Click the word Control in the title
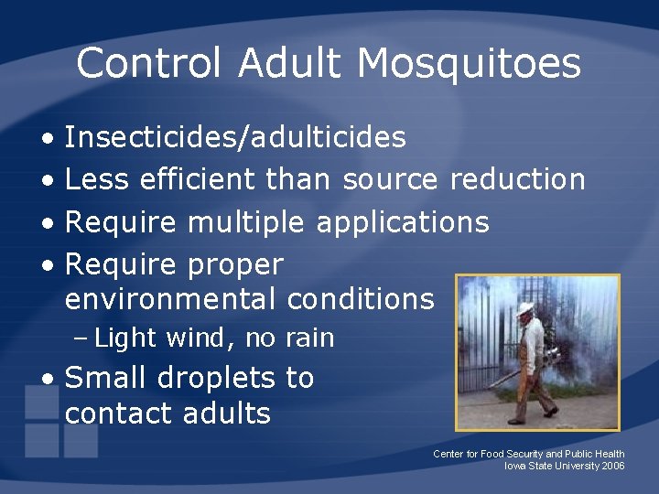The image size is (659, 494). click(149, 64)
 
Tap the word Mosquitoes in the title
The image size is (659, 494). click(469, 64)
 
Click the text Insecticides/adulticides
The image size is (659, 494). click(236, 137)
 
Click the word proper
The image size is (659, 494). click(235, 264)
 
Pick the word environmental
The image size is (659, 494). click(170, 299)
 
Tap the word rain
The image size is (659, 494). click(308, 338)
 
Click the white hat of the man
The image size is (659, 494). click(524, 308)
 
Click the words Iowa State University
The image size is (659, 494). click(546, 466)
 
